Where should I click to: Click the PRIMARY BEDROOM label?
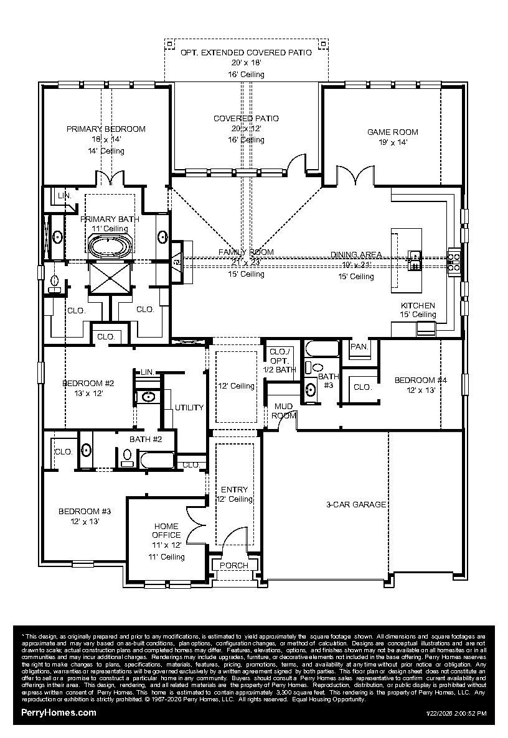tap(106, 129)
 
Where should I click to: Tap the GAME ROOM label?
tap(392, 132)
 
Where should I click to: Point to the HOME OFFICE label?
tap(167, 530)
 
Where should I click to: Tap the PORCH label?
tap(234, 565)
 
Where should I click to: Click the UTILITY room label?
tap(189, 408)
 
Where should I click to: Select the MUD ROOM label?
tap(284, 410)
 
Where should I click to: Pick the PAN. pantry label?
tap(359, 347)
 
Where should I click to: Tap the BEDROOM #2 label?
tap(87, 383)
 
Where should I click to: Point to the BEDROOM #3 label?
tap(85, 511)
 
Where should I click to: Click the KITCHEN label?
tap(417, 305)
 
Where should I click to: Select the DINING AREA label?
tap(356, 254)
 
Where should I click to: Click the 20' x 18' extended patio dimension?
tap(246, 63)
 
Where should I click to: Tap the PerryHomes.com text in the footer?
tap(59, 713)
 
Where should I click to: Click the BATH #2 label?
tap(146, 440)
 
